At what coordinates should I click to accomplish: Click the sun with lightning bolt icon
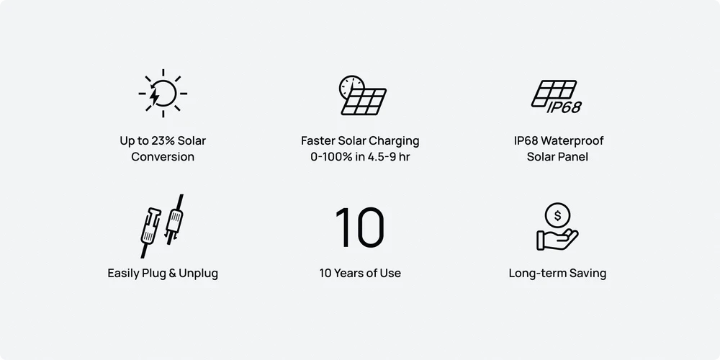163,93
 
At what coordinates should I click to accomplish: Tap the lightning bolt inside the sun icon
156,96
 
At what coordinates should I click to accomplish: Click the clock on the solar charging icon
351,86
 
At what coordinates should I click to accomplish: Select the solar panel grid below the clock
364,102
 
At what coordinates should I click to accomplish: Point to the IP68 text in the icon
564,107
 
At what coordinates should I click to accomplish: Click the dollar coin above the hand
557,215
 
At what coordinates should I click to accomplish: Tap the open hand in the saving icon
557,239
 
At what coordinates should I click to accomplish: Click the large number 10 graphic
360,228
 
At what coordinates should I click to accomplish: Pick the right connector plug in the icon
175,220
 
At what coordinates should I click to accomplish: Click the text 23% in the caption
161,140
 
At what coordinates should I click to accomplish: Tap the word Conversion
163,156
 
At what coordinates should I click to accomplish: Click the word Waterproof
576,140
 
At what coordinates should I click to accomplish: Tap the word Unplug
199,273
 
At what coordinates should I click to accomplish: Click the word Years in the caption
349,273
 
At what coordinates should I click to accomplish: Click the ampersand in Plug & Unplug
173,273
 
